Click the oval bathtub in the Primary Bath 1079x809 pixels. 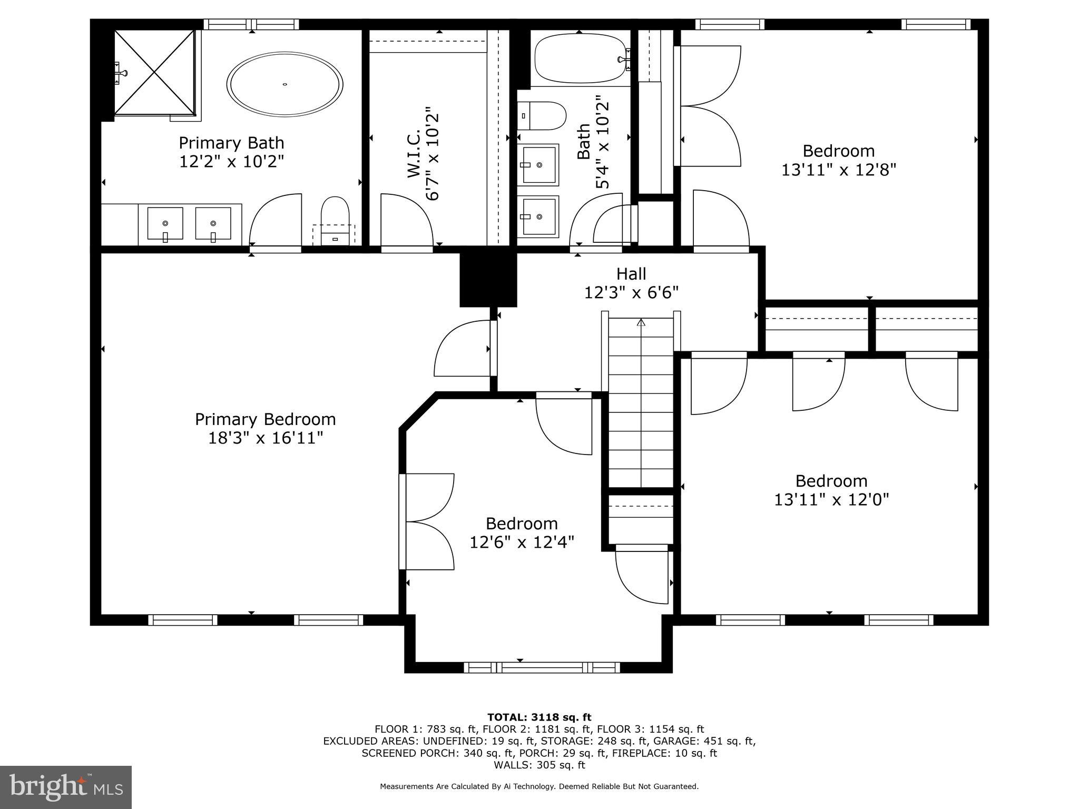(x=285, y=84)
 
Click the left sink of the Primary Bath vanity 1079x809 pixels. (x=165, y=224)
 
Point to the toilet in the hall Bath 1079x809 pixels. (x=545, y=116)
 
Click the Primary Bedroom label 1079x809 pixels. (x=265, y=419)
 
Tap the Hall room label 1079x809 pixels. (x=631, y=274)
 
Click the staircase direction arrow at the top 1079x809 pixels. (x=641, y=322)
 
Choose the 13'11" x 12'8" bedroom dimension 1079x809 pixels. (x=838, y=170)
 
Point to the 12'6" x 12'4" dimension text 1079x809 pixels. (x=522, y=542)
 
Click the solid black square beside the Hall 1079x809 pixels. (x=488, y=280)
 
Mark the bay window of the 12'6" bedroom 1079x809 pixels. (x=542, y=667)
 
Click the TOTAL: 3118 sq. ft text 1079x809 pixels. (x=539, y=717)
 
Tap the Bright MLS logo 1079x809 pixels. (x=66, y=787)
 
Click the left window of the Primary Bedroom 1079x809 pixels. (x=183, y=620)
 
